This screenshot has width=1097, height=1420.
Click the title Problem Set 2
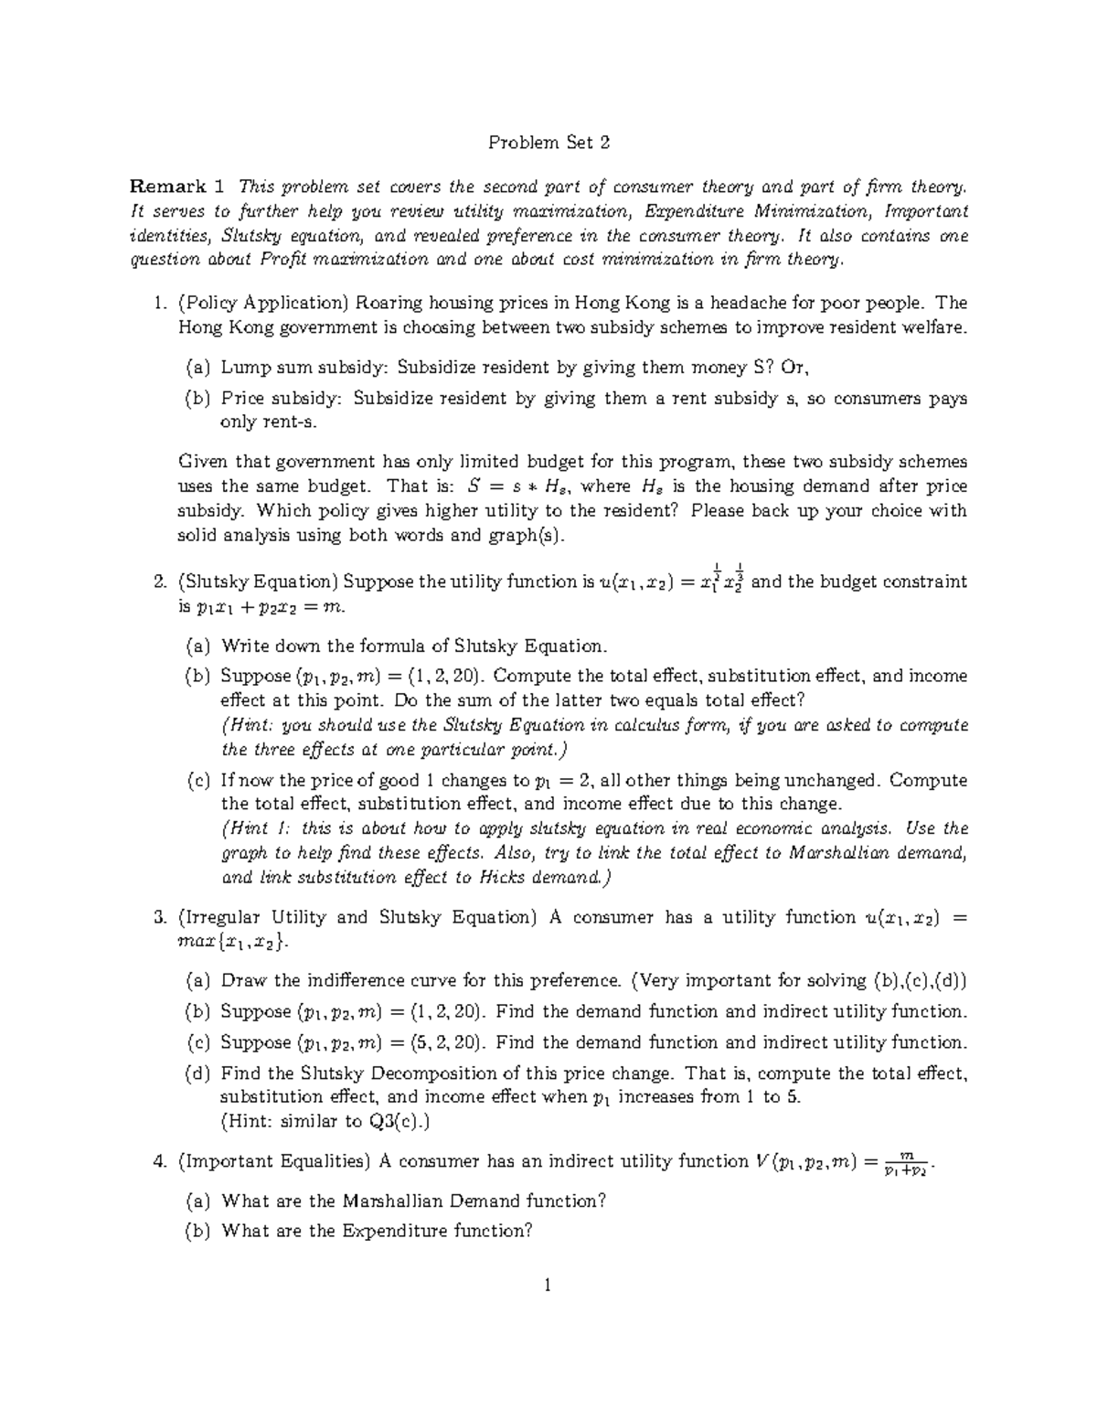pyautogui.click(x=548, y=143)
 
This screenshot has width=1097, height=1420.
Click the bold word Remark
pyautogui.click(x=168, y=187)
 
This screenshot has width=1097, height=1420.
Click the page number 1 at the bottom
pyautogui.click(x=548, y=1287)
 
